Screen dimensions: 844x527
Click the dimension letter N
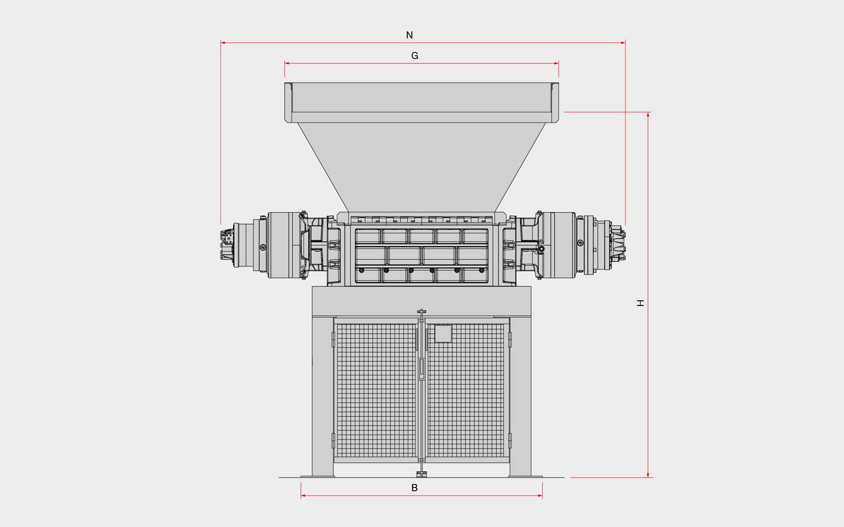(x=409, y=35)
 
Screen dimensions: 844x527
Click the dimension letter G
(x=415, y=56)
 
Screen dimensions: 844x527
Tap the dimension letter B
(x=415, y=488)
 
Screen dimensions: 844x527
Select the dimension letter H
(x=640, y=303)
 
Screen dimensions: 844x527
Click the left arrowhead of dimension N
(x=223, y=43)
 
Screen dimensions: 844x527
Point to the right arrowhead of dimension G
(x=556, y=63)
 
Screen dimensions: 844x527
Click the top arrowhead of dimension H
(x=648, y=114)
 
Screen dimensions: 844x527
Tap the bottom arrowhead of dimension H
(x=648, y=475)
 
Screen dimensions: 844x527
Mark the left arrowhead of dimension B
(x=303, y=496)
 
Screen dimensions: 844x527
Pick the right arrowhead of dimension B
(x=540, y=496)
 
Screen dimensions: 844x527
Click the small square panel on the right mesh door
(x=443, y=334)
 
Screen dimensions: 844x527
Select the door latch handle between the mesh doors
(x=421, y=369)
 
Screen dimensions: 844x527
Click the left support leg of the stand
(x=323, y=397)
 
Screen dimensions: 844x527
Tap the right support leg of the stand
(x=520, y=397)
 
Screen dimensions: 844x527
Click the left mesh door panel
(x=376, y=391)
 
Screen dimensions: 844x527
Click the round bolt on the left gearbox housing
(x=263, y=247)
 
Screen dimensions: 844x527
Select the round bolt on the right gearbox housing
(x=580, y=243)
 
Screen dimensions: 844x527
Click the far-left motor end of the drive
(x=226, y=245)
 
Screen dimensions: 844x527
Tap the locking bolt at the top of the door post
(x=421, y=312)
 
